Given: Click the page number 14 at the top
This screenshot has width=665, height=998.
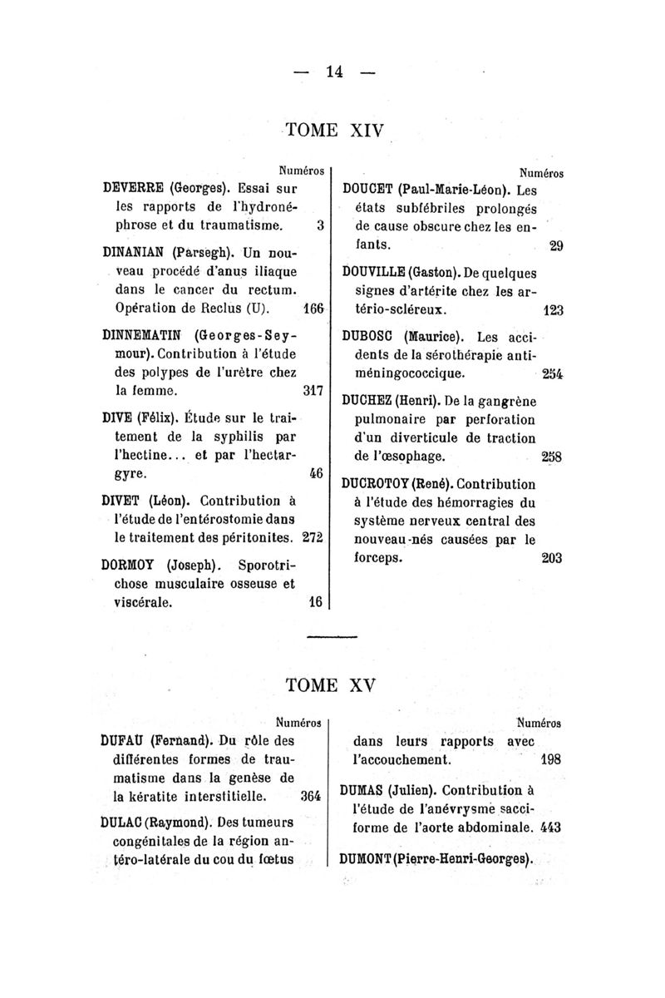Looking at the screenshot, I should point(334,72).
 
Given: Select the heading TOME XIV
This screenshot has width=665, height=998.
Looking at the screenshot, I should point(333,131).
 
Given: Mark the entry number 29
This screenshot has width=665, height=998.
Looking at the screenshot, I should point(556,247).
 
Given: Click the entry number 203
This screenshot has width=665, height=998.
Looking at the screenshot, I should point(552,559).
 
